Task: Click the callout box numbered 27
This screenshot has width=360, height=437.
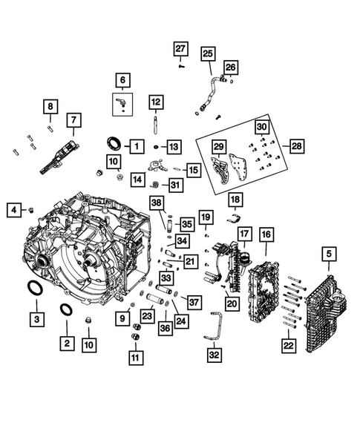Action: click(x=180, y=49)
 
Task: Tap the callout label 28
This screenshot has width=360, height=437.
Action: click(x=295, y=146)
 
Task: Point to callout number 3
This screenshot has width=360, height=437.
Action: click(x=36, y=320)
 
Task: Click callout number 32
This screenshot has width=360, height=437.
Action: click(x=215, y=355)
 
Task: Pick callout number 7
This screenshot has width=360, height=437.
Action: click(x=73, y=119)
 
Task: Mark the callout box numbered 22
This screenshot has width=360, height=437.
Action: click(x=289, y=344)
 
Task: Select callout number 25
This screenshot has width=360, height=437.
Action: click(x=207, y=53)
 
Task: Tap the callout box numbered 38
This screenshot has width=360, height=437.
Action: click(x=156, y=203)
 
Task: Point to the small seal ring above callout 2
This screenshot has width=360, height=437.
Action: click(x=65, y=309)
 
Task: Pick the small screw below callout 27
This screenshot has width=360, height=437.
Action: click(x=180, y=65)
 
